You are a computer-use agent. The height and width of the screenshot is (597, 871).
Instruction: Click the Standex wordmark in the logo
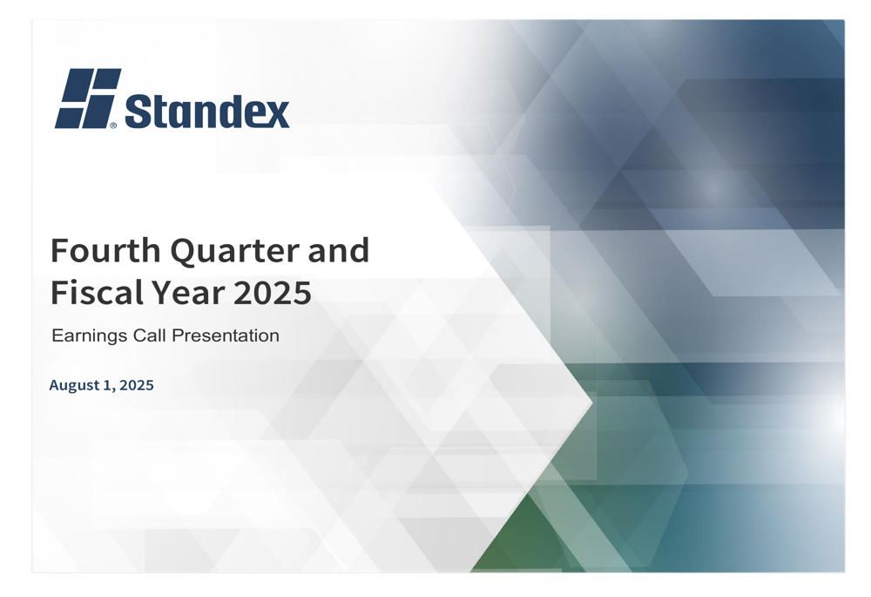click(207, 111)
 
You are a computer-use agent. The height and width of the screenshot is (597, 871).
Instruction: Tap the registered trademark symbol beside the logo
click(113, 126)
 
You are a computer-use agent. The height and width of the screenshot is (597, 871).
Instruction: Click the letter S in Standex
click(138, 111)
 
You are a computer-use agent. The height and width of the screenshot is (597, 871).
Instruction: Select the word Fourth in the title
click(105, 251)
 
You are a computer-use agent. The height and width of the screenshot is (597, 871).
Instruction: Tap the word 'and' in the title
click(338, 251)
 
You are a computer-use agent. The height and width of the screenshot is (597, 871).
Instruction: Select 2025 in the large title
click(272, 293)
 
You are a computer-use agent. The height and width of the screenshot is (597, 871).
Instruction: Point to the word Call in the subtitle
click(150, 336)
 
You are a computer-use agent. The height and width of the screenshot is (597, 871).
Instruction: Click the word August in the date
click(73, 385)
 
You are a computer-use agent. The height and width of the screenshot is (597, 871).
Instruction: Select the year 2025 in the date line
click(137, 385)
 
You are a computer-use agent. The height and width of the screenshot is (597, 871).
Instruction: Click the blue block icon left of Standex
click(87, 98)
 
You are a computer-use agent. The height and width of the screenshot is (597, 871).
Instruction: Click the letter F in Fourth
click(59, 251)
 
